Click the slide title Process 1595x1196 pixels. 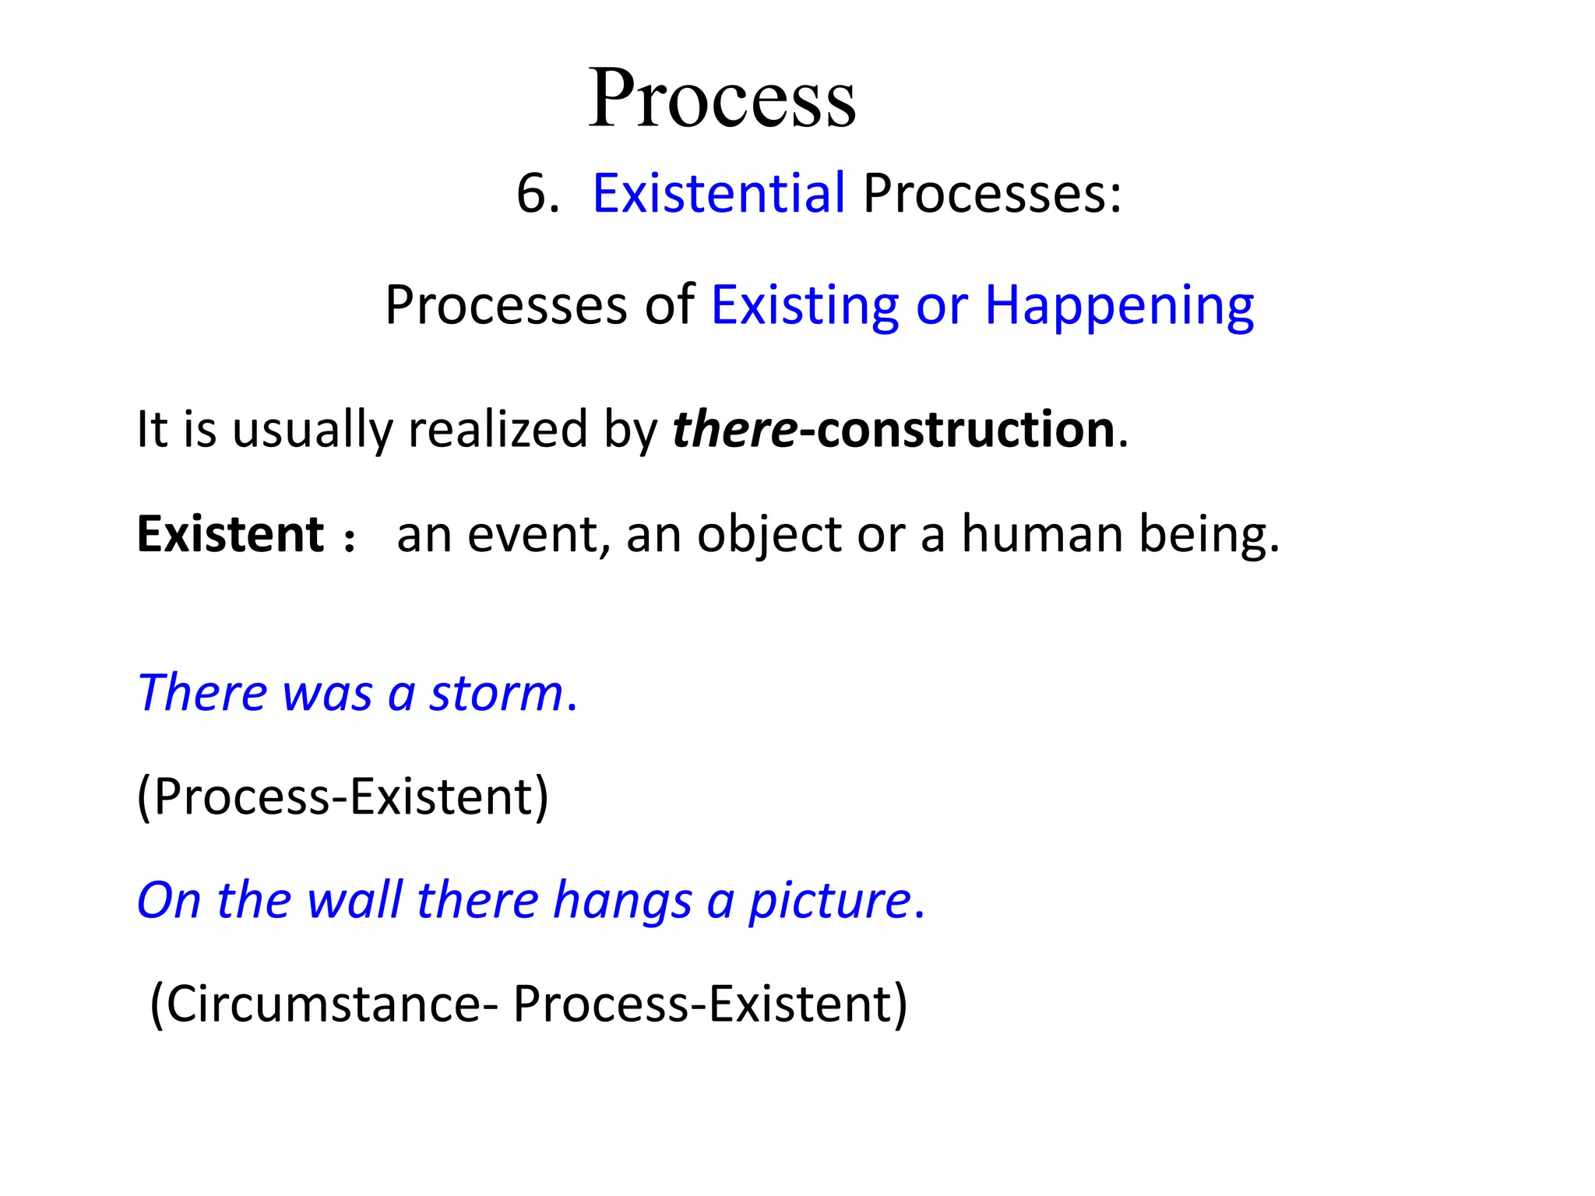722,99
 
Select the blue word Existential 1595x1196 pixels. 718,192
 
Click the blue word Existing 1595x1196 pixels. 805,305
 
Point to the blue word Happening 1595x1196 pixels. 1119,305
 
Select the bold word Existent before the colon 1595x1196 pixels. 230,534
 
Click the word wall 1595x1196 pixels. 354,900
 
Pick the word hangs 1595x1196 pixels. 622,902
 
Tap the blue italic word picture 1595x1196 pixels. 829,902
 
